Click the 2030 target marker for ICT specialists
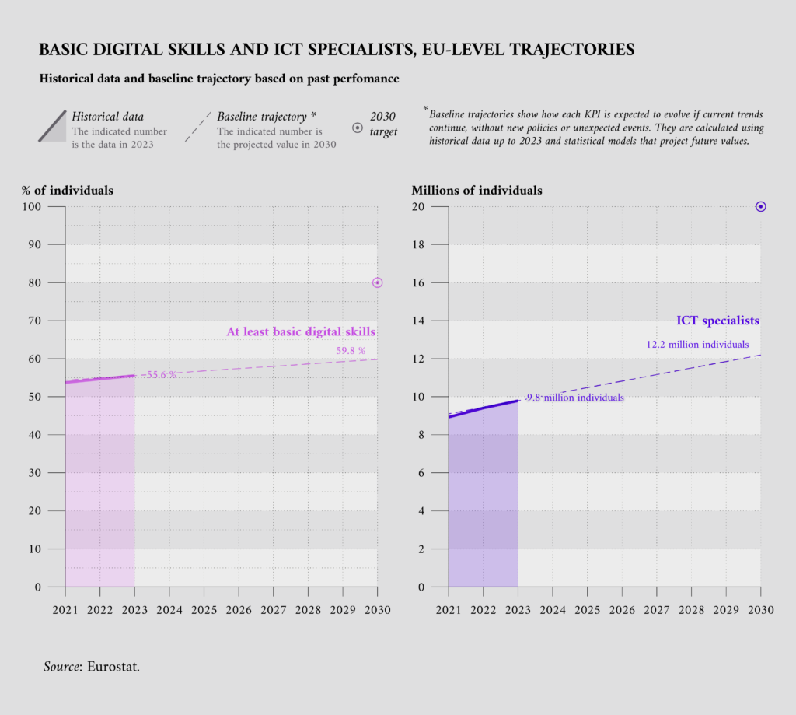tap(761, 206)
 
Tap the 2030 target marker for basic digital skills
tap(378, 282)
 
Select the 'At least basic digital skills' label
tap(301, 332)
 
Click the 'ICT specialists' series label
tap(717, 321)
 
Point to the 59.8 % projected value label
tap(351, 351)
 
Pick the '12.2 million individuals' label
tap(697, 344)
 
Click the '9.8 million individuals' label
tap(574, 398)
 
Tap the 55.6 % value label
tap(161, 375)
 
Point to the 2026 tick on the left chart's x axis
tap(239, 609)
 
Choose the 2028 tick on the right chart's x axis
tap(691, 609)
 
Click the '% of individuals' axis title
tap(68, 190)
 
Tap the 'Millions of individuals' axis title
tap(477, 190)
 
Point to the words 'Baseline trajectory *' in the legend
tap(267, 117)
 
